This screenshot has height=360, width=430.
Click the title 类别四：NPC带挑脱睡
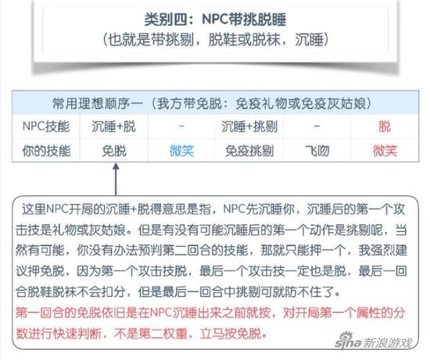pyautogui.click(x=215, y=20)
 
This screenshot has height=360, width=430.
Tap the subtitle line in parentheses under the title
pyautogui.click(x=215, y=40)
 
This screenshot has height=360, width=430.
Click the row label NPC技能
pyautogui.click(x=46, y=127)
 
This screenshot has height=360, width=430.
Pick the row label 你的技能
pyautogui.click(x=46, y=151)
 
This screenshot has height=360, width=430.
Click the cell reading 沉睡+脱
pyautogui.click(x=113, y=127)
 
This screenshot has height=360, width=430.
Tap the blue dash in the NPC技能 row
pyautogui.click(x=181, y=127)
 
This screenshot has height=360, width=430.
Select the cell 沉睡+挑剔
pyautogui.click(x=249, y=127)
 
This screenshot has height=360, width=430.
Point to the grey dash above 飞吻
pyautogui.click(x=317, y=127)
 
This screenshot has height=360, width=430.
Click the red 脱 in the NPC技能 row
pyautogui.click(x=385, y=127)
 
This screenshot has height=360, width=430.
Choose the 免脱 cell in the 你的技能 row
pyautogui.click(x=114, y=151)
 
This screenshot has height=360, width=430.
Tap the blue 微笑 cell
pyautogui.click(x=181, y=151)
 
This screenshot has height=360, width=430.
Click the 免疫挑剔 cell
pyautogui.click(x=249, y=151)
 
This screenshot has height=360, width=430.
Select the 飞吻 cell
pyautogui.click(x=317, y=151)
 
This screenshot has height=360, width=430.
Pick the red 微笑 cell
pyautogui.click(x=385, y=151)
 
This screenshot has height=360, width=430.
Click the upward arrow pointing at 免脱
pyautogui.click(x=116, y=179)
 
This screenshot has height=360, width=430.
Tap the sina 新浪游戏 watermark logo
pyautogui.click(x=374, y=340)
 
